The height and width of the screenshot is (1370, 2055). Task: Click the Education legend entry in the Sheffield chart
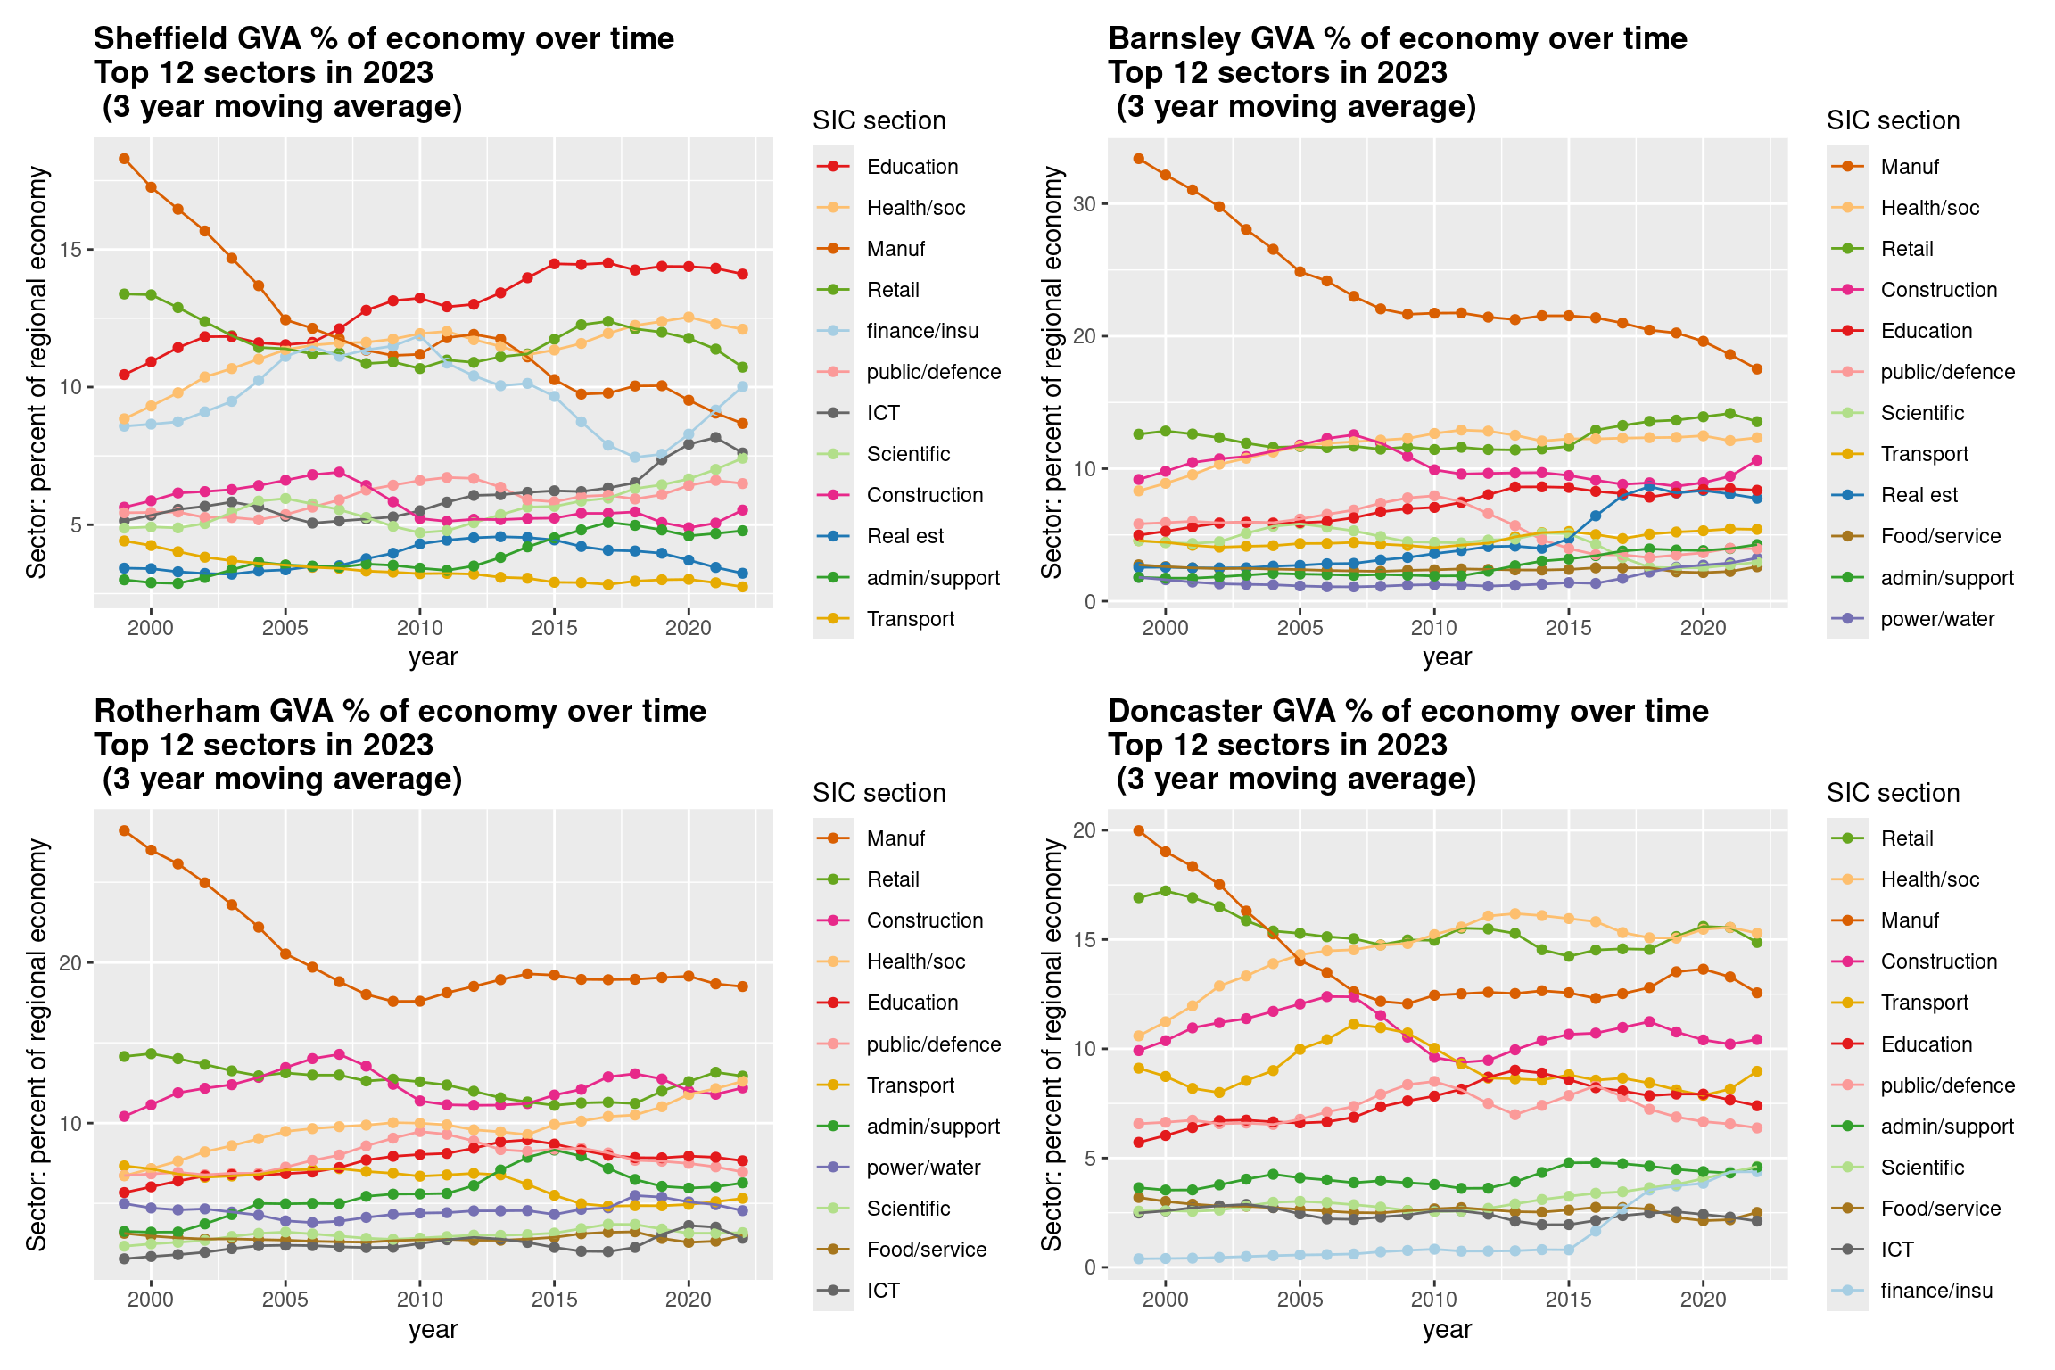[x=912, y=167]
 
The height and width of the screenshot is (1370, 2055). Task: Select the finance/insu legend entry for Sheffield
[x=921, y=331]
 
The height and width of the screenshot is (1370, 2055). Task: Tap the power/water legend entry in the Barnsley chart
[x=1936, y=619]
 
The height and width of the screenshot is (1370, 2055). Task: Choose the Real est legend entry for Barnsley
[x=1919, y=495]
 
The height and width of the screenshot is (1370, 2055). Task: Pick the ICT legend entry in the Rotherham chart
[x=883, y=1291]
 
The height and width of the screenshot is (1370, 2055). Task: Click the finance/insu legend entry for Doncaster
[x=1935, y=1291]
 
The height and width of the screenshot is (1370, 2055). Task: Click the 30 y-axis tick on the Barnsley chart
[x=1084, y=203]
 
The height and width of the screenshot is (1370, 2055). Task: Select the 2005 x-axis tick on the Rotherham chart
[x=285, y=1300]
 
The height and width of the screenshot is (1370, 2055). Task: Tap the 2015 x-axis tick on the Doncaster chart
[x=1568, y=1300]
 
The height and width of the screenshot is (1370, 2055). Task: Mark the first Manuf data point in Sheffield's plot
[x=125, y=159]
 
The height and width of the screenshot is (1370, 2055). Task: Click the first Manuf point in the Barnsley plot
[x=1138, y=159]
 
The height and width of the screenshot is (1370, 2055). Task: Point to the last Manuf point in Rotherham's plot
[x=742, y=986]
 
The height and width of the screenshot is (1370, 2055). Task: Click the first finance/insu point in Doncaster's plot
[x=1138, y=1259]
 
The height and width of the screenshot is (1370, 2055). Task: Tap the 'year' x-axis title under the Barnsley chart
[x=1447, y=657]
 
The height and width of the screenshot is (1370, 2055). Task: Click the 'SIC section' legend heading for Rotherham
[x=879, y=793]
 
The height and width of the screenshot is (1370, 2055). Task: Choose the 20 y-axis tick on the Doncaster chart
[x=1084, y=830]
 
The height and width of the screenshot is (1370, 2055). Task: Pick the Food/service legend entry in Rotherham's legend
[x=926, y=1250]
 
